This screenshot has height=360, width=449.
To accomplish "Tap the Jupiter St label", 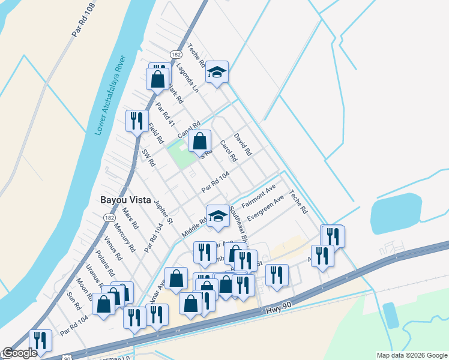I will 163,212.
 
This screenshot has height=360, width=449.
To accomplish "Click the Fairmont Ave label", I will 258,196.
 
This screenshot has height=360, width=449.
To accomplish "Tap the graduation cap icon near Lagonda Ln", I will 217,73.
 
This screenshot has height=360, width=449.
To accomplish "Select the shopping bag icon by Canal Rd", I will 199,142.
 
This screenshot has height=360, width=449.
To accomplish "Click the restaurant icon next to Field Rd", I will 137,121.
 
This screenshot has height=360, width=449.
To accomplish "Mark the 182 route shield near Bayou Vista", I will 109,217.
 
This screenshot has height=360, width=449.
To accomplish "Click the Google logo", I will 20,353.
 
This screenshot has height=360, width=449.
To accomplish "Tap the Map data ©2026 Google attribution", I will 411,355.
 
